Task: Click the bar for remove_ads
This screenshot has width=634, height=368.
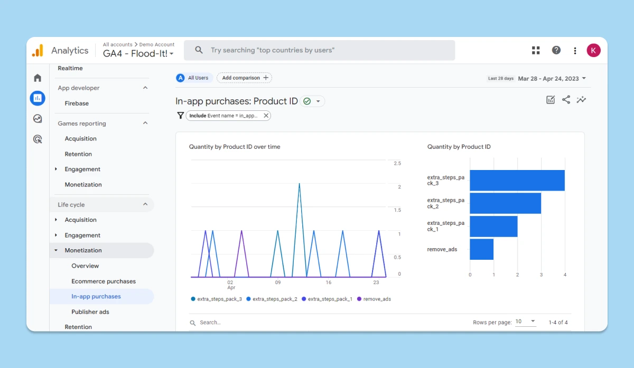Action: point(481,249)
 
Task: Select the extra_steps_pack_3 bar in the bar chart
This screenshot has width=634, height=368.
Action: point(517,180)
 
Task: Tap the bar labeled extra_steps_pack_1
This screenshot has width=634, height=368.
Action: point(493,227)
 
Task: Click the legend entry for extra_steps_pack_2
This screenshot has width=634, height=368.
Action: point(272,299)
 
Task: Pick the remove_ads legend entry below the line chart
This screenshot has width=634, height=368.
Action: point(374,299)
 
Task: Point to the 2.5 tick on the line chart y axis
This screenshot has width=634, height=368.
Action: point(397,163)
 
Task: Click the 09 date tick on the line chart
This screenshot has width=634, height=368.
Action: point(278,282)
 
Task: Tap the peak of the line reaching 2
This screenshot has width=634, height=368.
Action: point(299,184)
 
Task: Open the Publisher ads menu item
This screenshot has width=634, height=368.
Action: point(90,312)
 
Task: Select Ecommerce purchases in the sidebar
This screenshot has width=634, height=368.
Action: point(104,281)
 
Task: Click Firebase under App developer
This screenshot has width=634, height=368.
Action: point(77,103)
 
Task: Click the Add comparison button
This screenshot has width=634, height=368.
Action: point(244,78)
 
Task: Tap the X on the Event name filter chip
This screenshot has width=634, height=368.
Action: point(266,116)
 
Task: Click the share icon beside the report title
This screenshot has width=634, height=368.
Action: point(566,100)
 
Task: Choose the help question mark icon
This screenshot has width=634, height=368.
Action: point(556,50)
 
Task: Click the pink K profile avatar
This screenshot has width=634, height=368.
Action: point(593,50)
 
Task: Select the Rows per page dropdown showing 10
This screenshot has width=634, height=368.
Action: point(525,322)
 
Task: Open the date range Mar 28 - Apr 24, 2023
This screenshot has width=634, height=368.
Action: point(552,79)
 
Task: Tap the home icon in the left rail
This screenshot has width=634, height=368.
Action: point(38,78)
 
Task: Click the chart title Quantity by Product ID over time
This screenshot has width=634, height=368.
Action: point(235,147)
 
